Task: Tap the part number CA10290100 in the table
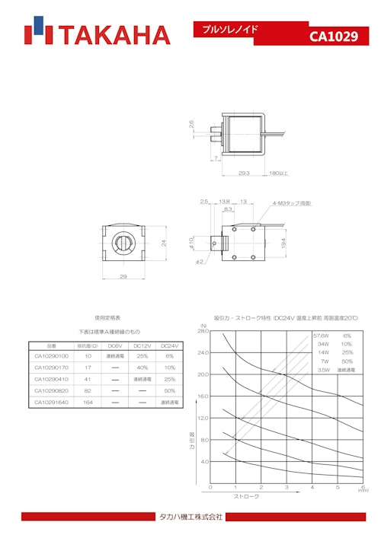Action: click(52, 356)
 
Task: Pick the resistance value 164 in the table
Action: click(88, 402)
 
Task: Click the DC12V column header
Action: click(142, 345)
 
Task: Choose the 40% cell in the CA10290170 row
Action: click(142, 368)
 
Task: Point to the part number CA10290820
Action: click(52, 390)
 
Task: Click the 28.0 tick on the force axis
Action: click(203, 331)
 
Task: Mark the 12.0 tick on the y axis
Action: click(203, 418)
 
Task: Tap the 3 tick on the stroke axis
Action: click(287, 487)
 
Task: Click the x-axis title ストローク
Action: click(245, 496)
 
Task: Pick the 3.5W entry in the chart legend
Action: click(323, 369)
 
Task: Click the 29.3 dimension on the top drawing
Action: click(244, 173)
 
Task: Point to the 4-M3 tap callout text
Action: click(292, 203)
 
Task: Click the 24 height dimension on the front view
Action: click(162, 243)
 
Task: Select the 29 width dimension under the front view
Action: click(123, 276)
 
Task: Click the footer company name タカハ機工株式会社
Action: click(190, 517)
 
